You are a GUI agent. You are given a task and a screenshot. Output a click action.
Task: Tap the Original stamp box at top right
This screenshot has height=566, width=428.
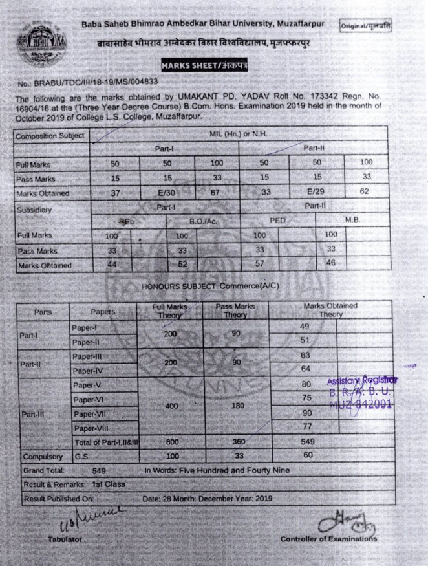(365, 26)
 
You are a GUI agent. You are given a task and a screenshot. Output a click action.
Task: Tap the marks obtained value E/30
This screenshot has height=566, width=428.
(166, 193)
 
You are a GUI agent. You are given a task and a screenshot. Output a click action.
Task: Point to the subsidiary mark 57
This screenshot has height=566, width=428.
(260, 264)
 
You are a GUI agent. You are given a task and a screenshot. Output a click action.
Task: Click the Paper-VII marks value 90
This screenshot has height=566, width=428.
(307, 413)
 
